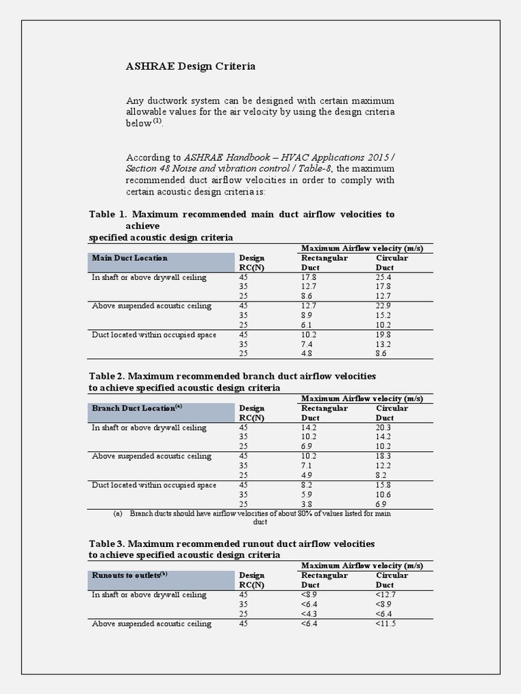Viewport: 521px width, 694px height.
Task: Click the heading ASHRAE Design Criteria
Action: [x=191, y=66]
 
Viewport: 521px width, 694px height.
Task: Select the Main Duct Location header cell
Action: [x=129, y=258]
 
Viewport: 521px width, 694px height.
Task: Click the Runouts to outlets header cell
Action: [x=130, y=575]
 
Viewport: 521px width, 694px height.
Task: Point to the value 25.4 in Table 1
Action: [x=383, y=277]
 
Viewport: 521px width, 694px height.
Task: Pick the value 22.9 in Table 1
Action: [x=383, y=306]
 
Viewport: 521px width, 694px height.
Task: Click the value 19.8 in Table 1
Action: [x=383, y=335]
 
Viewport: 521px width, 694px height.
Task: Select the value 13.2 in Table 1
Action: [x=383, y=344]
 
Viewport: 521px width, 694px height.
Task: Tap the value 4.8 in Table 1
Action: [x=308, y=354]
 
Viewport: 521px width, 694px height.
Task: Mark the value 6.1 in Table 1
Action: [x=308, y=325]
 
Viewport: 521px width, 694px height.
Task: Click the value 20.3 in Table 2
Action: [x=383, y=428]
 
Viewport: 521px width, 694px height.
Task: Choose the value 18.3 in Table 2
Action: [x=383, y=456]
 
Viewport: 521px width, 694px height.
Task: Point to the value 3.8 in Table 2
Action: [x=308, y=504]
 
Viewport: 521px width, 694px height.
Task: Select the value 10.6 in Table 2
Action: [x=383, y=495]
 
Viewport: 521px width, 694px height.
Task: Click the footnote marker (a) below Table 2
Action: [x=117, y=514]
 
